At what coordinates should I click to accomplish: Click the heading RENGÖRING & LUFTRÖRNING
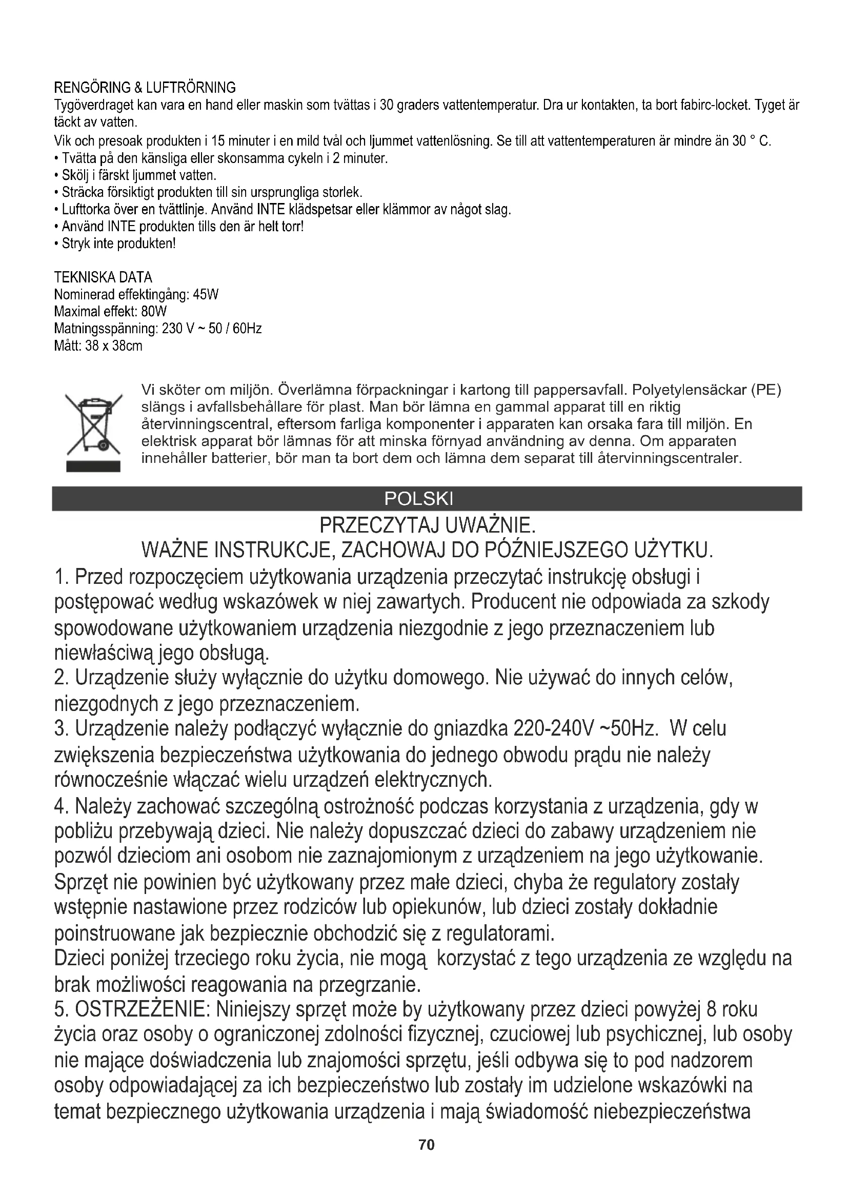pos(145,87)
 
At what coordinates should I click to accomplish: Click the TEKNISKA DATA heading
pos(103,277)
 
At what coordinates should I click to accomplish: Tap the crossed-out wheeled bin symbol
pos(93,424)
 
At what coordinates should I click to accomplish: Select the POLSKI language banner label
pos(419,499)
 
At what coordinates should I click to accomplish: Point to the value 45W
pos(205,295)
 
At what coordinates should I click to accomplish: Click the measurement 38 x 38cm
pos(113,346)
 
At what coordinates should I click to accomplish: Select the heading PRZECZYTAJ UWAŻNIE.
pos(428,525)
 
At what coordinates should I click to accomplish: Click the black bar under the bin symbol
pos(93,466)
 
